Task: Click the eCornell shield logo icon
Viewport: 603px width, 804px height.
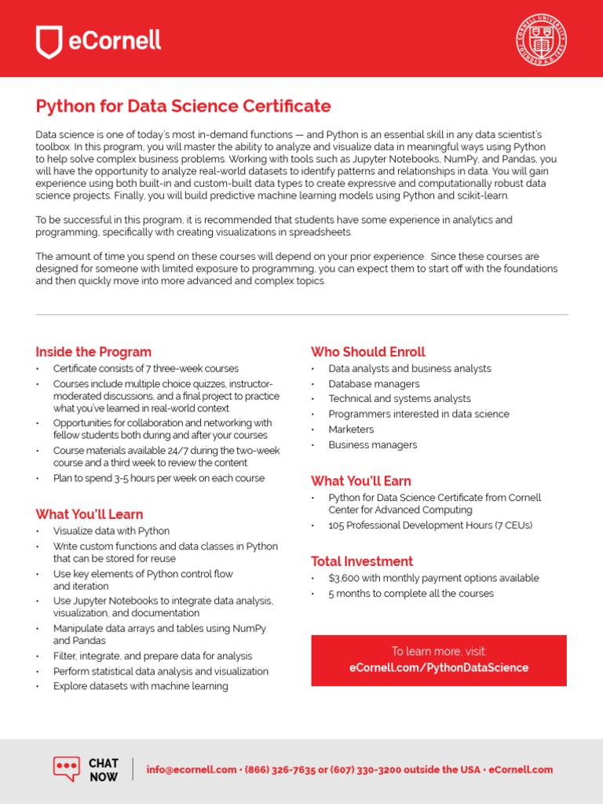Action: (x=49, y=42)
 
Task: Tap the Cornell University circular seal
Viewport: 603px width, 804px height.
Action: (x=542, y=40)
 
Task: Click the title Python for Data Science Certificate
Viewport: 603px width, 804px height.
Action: (x=183, y=106)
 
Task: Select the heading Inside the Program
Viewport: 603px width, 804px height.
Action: (x=93, y=352)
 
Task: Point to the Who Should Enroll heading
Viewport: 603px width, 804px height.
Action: (x=368, y=352)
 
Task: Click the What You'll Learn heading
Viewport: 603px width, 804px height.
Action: (x=89, y=514)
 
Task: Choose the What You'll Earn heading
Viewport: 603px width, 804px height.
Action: (x=361, y=481)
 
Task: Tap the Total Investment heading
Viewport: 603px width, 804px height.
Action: (x=362, y=561)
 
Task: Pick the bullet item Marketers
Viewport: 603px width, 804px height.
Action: (x=351, y=429)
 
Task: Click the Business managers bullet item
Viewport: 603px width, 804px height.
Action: (x=373, y=445)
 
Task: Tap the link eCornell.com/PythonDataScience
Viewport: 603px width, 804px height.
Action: (x=439, y=668)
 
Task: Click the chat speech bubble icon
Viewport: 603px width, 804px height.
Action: (x=67, y=769)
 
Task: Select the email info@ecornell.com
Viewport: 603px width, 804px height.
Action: (x=192, y=770)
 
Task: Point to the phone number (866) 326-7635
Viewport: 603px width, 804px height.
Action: (x=280, y=770)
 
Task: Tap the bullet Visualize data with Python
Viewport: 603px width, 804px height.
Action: (x=111, y=532)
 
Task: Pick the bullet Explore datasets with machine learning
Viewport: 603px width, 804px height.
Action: (x=141, y=686)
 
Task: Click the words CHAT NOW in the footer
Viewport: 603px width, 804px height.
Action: (x=103, y=770)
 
